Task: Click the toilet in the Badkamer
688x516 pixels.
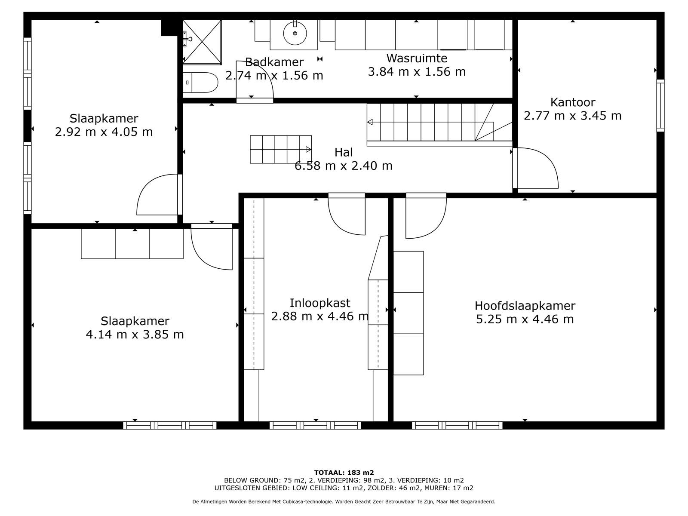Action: point(201,82)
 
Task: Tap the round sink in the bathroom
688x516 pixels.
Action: point(295,33)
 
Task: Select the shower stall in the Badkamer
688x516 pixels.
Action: point(202,41)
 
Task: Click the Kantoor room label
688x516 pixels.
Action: point(573,102)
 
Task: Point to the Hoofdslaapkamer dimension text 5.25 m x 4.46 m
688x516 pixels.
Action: point(525,319)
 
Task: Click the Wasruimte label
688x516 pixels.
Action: point(416,58)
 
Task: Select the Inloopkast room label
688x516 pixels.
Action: point(319,303)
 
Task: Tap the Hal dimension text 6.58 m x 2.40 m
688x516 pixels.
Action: point(343,166)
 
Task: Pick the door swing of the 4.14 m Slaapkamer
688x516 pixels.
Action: point(212,248)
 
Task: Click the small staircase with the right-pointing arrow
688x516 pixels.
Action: point(280,150)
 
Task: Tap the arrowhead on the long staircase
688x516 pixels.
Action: point(369,123)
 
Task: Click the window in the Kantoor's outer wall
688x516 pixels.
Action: point(660,105)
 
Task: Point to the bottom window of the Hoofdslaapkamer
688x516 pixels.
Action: point(457,425)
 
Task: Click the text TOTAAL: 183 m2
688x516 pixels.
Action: point(344,473)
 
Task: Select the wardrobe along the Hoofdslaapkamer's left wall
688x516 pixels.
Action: point(408,313)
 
